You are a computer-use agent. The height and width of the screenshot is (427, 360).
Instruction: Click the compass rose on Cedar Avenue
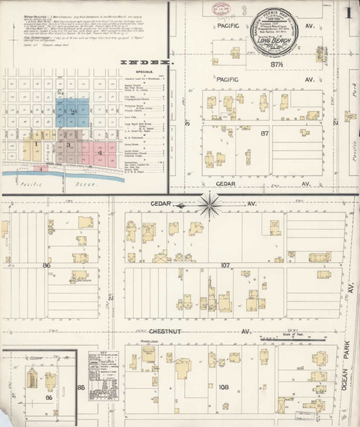coord(210,204)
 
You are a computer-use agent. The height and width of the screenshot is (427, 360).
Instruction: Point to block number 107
coord(225,266)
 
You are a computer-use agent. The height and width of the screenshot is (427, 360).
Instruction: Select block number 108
coord(224,387)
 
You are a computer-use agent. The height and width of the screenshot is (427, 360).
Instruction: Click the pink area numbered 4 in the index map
coord(101,153)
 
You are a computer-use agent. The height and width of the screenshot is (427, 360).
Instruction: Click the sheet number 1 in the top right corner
coord(348,12)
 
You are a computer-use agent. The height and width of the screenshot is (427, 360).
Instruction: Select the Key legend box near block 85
coord(103,375)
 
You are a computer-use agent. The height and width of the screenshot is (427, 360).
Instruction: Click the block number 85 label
coord(81,387)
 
